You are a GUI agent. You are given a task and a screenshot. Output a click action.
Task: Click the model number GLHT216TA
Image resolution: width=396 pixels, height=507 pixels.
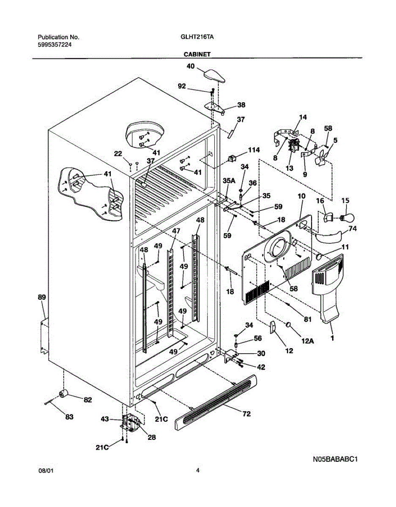[x=197, y=37]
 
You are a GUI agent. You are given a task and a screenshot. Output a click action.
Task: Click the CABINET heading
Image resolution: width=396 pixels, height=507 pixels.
[x=197, y=54]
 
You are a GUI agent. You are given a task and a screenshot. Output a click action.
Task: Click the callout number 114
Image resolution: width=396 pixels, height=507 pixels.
[x=254, y=150]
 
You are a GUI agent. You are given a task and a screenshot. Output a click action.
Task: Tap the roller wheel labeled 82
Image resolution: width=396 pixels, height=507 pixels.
[x=65, y=394]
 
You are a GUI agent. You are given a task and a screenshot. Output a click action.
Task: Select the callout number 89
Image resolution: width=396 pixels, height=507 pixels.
[x=41, y=297]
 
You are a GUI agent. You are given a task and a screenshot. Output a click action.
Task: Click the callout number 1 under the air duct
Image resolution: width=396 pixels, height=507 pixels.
[x=332, y=338]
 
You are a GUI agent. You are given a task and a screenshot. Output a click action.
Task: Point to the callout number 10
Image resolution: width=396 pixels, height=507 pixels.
[x=301, y=196]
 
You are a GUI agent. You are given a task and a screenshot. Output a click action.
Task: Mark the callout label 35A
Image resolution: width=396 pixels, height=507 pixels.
[x=229, y=181]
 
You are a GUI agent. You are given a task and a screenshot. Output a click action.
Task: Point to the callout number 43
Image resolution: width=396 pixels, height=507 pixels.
[x=105, y=419]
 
